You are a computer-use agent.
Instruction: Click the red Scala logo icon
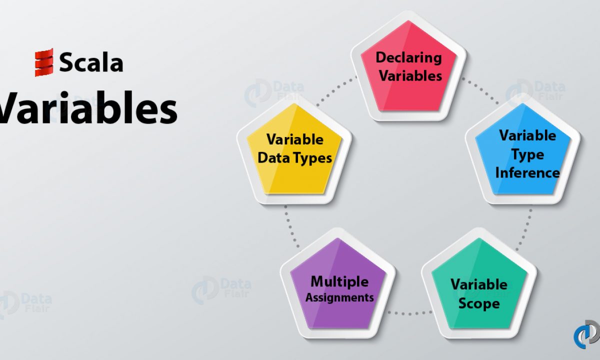[x=44, y=62]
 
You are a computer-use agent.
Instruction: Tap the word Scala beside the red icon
[x=91, y=62]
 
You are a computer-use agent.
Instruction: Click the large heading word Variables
[x=88, y=107]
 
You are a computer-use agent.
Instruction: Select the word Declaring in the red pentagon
[x=409, y=58]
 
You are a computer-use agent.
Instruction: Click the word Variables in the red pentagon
[x=410, y=75]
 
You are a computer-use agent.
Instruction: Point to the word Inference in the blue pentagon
[x=527, y=172]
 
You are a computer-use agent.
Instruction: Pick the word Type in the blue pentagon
[x=528, y=155]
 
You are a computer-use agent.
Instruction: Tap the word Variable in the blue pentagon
[x=527, y=135]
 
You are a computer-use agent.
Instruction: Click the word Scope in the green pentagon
[x=479, y=304]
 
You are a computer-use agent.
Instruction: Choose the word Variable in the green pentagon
[x=479, y=284]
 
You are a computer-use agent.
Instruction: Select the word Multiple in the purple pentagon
[x=339, y=282]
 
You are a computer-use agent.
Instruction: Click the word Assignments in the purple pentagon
[x=339, y=298]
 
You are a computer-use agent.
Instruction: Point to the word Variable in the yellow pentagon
[x=295, y=139]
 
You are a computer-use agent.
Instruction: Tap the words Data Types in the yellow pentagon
[x=294, y=158]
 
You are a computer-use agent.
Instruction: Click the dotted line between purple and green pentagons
[x=409, y=313]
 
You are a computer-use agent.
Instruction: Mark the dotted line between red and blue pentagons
[x=480, y=90]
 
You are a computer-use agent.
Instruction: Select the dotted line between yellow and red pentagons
[x=336, y=91]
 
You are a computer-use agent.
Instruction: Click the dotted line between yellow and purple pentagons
[x=291, y=226]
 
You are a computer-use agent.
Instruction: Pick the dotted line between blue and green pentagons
[x=524, y=230]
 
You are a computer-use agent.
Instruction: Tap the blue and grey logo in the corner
[x=587, y=334]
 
